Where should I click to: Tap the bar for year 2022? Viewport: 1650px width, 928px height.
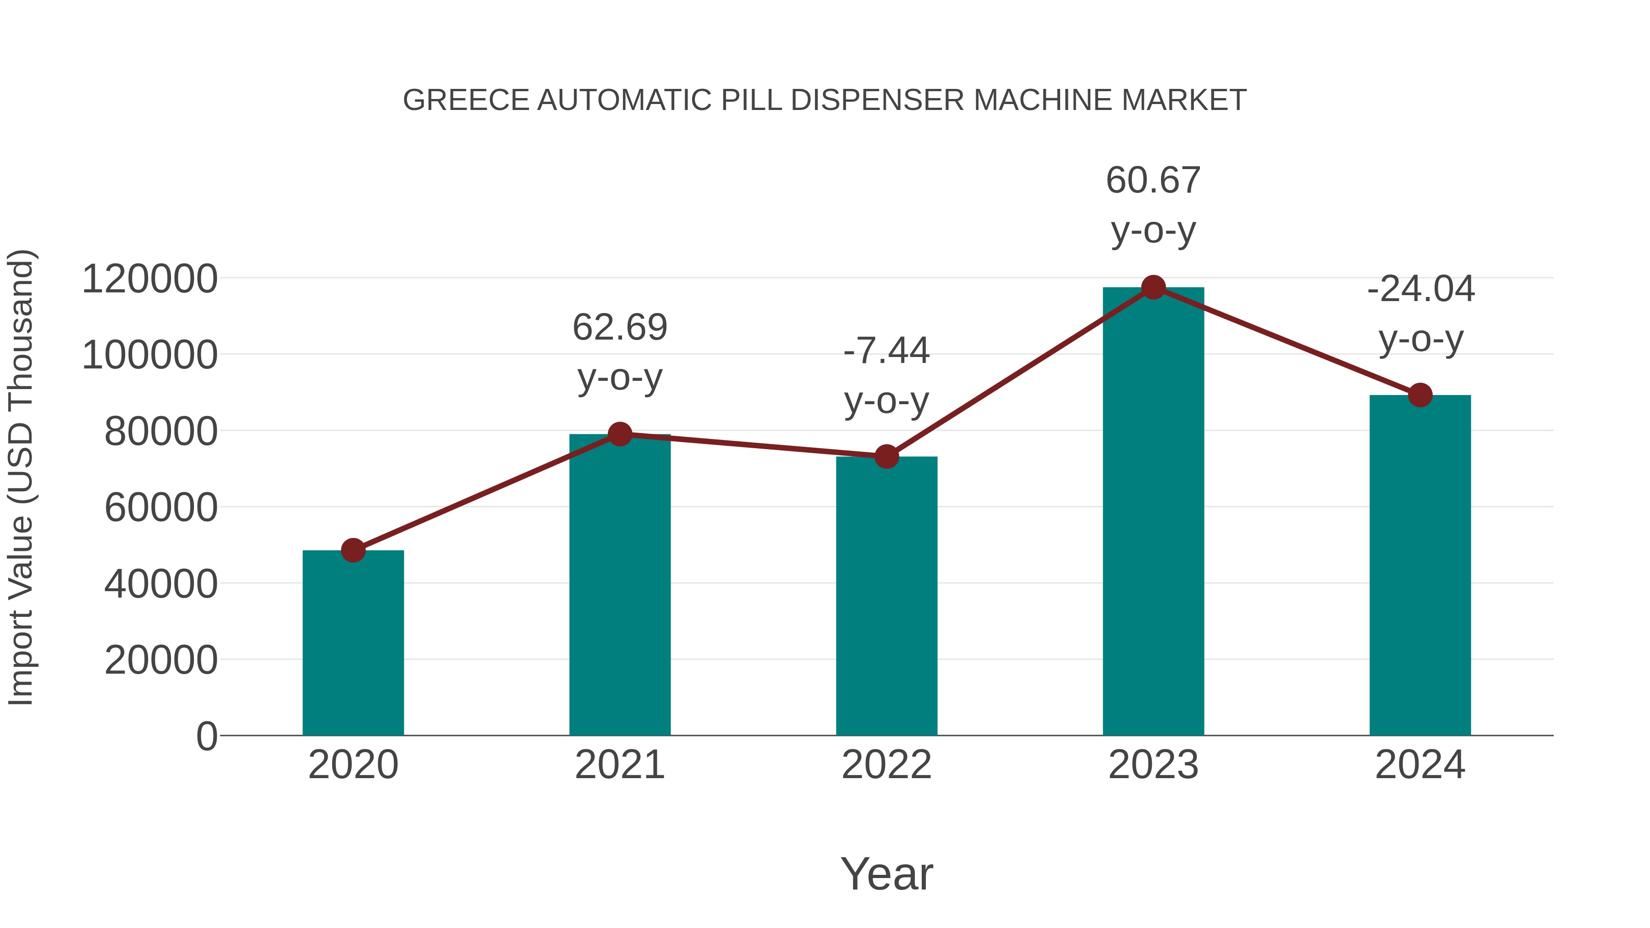(x=886, y=596)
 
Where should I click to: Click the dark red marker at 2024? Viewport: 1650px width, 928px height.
(x=1420, y=395)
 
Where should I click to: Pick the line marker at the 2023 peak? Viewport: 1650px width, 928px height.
(x=1153, y=287)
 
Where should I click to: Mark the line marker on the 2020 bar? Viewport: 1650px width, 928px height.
(x=353, y=550)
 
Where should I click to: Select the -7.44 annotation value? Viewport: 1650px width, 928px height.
(x=886, y=351)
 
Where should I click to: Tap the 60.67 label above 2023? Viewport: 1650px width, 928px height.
(x=1153, y=180)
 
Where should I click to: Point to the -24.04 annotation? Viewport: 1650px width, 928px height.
(x=1421, y=289)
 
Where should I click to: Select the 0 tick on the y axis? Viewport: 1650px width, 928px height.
(x=206, y=736)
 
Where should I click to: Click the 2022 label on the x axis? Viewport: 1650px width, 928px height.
(x=886, y=765)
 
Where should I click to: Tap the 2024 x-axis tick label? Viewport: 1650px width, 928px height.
(x=1420, y=765)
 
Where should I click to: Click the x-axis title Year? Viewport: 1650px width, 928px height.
(x=886, y=874)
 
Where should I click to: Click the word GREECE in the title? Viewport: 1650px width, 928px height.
(x=466, y=100)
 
